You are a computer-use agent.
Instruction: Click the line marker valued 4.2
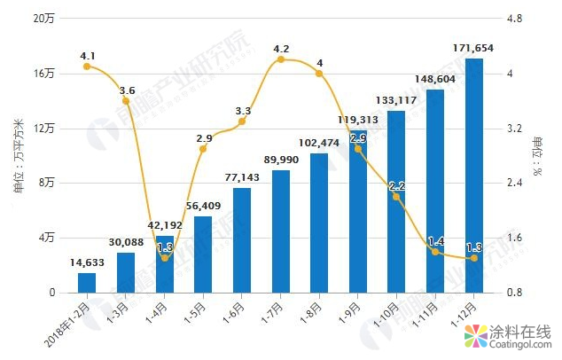(281, 59)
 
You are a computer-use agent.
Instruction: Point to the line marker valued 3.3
(242, 121)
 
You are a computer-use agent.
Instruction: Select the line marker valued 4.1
(87, 66)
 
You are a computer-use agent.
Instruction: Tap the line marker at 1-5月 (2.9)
(203, 148)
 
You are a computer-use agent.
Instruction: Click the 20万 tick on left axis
(44, 19)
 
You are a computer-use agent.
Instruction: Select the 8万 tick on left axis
(47, 183)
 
